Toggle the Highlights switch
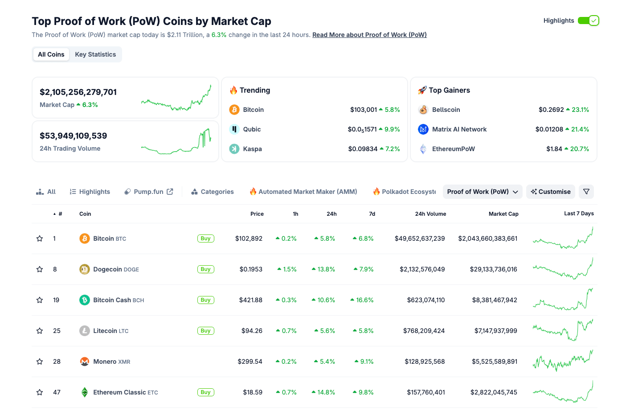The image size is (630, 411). tap(588, 21)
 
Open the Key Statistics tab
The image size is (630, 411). tap(95, 54)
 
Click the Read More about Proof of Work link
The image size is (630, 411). tap(369, 35)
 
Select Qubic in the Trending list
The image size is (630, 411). tap(252, 129)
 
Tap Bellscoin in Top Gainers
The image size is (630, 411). tap(446, 110)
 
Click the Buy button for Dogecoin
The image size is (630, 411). tap(205, 269)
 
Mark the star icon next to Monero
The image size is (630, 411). tap(40, 362)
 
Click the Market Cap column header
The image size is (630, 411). tap(503, 214)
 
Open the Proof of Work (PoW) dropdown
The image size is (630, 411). tap(482, 192)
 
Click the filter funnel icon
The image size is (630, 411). tap(586, 192)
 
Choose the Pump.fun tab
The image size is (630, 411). tap(148, 192)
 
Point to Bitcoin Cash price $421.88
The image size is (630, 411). tap(250, 300)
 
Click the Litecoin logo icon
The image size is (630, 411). tap(85, 331)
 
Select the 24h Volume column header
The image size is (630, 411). tap(430, 214)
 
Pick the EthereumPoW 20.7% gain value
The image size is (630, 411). tap(579, 149)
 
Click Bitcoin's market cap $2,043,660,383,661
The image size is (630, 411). tap(487, 238)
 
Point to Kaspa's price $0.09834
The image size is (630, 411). tap(363, 149)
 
